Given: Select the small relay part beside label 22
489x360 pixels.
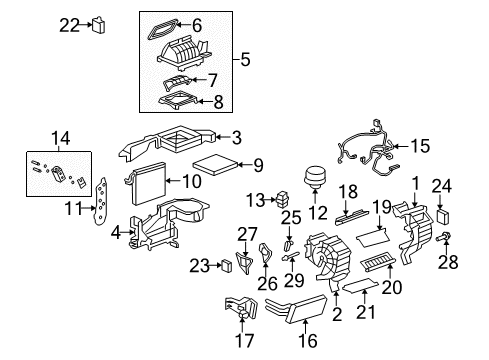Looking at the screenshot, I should (x=101, y=25).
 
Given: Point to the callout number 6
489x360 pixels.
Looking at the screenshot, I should (x=224, y=25).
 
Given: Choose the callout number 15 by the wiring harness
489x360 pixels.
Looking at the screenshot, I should (x=421, y=146).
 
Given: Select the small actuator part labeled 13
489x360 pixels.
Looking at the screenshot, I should (x=285, y=198).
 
